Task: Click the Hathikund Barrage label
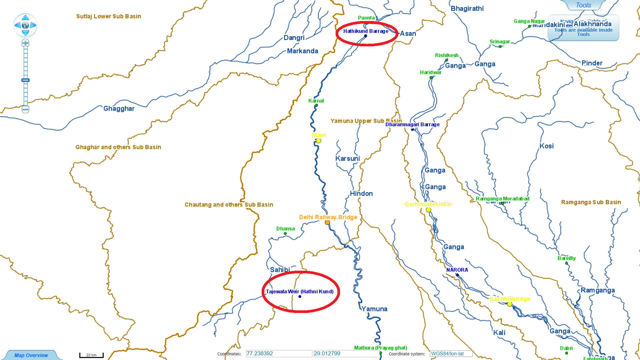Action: pos(366,31)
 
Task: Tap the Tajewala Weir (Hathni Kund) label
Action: pos(299,291)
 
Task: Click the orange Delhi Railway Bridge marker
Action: pos(327,222)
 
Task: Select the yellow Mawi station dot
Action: pos(318,141)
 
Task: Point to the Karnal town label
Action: pos(316,101)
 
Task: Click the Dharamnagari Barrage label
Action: pos(412,124)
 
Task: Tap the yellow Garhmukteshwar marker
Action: pos(428,210)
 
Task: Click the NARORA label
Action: pos(457,270)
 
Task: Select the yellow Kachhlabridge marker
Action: pos(509,304)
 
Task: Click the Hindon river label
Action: pos(361,194)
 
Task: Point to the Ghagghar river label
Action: pos(119,109)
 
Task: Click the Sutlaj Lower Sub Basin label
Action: pos(109,16)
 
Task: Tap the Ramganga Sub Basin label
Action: pos(591,202)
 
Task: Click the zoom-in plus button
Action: pos(25,43)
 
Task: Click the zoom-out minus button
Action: pos(25,109)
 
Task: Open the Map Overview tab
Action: pos(31,355)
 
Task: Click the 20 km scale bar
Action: pos(91,355)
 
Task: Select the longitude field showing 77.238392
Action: pos(279,353)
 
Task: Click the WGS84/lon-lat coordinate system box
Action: pos(451,354)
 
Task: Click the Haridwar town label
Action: pos(431,72)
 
